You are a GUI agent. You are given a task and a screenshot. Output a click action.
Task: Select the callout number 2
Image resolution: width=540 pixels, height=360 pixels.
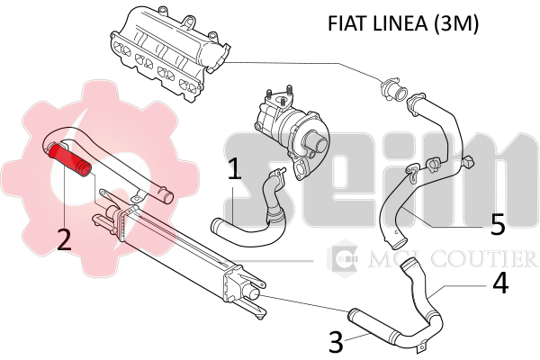click(64, 239)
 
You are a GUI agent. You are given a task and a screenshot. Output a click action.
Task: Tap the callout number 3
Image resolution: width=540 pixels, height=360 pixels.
click(335, 342)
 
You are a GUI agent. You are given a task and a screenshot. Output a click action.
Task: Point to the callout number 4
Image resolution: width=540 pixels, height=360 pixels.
click(500, 283)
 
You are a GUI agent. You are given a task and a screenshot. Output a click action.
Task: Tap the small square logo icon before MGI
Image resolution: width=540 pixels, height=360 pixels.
click(343, 260)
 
